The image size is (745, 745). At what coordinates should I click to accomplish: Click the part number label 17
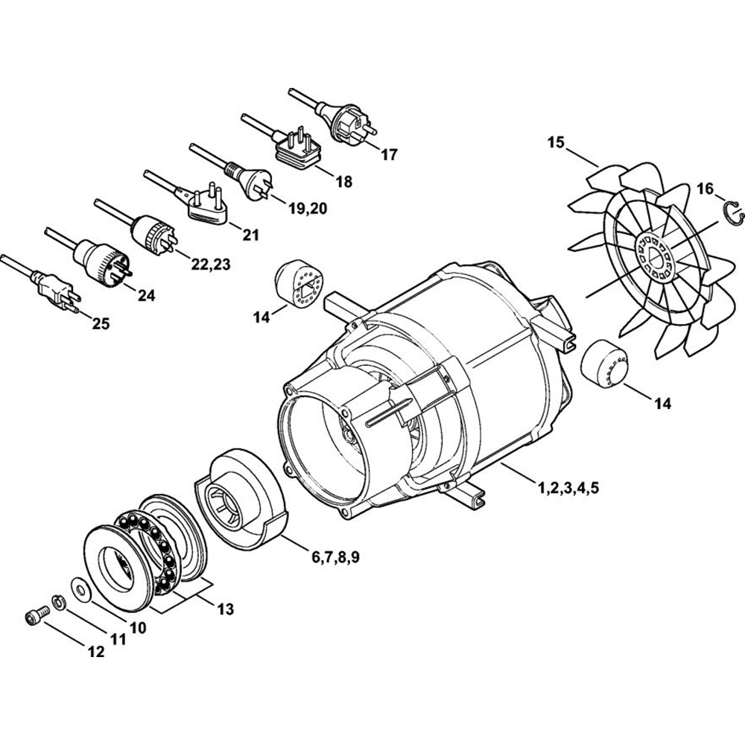click(x=389, y=155)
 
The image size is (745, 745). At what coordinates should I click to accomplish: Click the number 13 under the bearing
click(x=225, y=609)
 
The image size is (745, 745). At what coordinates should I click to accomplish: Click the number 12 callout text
click(x=96, y=652)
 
